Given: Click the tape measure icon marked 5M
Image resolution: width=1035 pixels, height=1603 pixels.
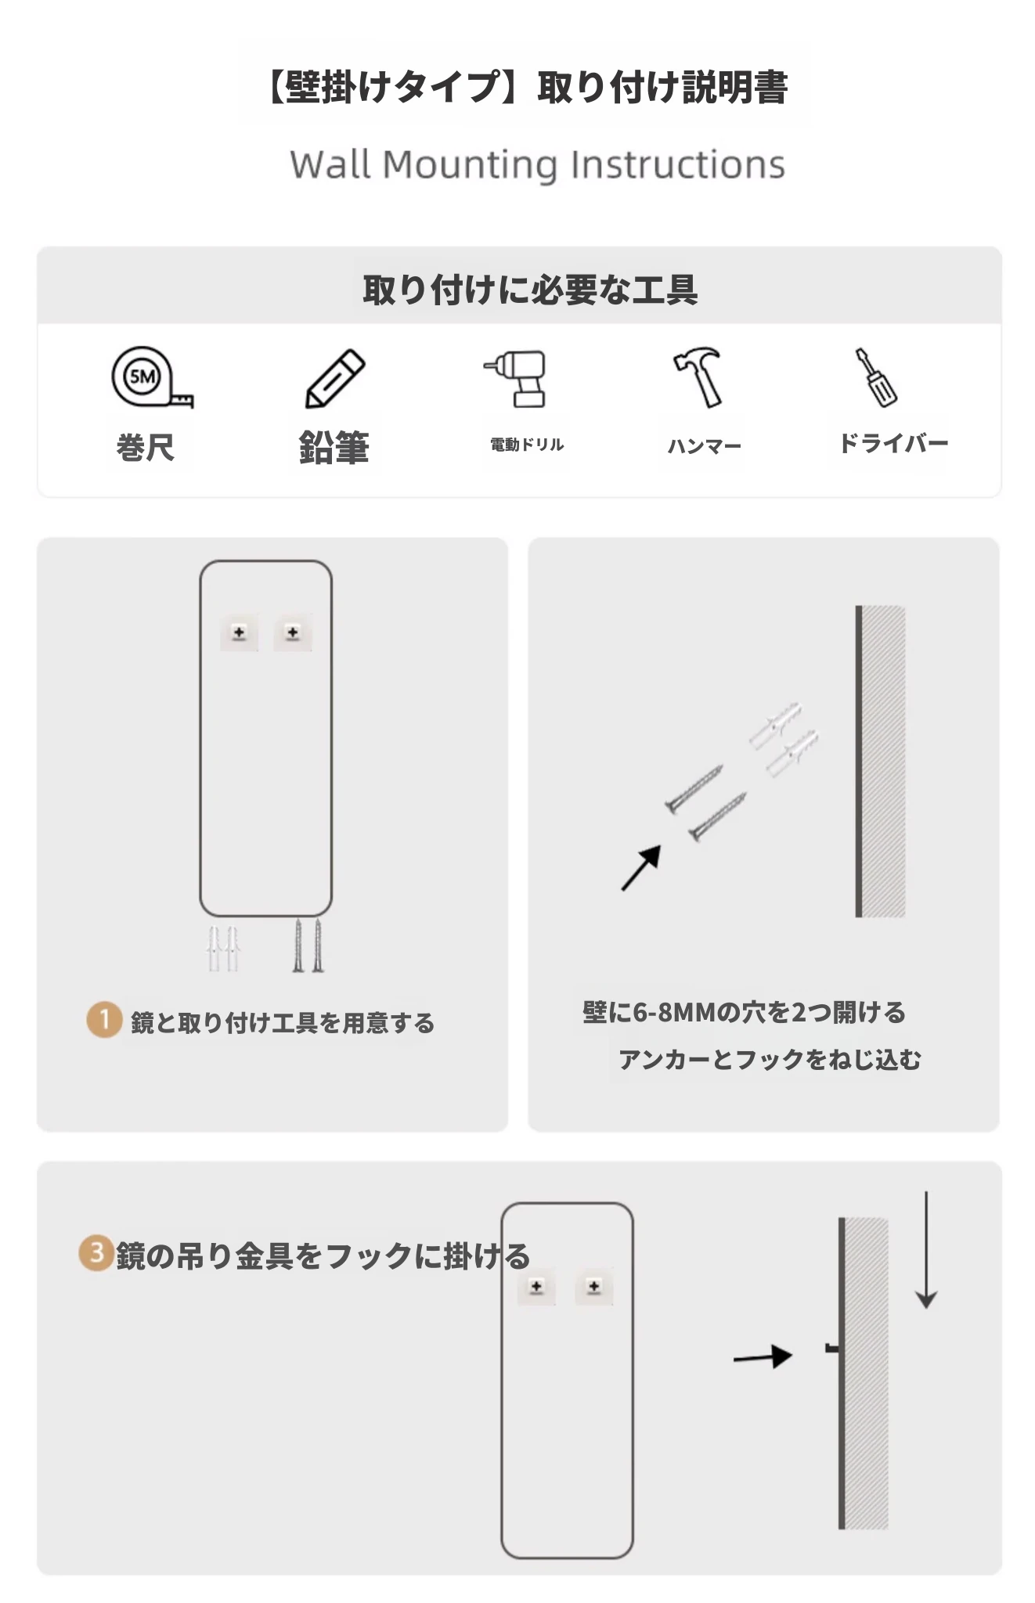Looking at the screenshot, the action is (151, 377).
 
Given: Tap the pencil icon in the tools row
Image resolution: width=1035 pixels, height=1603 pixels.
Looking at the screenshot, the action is (334, 378).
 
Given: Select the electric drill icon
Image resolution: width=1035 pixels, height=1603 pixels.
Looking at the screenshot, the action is (516, 378).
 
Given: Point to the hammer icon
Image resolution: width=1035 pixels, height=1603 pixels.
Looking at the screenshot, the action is (698, 377).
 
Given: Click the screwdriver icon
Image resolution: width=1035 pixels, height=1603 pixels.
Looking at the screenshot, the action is (876, 377).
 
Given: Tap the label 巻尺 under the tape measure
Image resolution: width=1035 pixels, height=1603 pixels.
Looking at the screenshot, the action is (146, 448).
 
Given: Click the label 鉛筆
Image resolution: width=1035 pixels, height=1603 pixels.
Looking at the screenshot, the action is (334, 447).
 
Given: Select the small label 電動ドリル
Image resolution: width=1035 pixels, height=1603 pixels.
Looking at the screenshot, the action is (527, 445).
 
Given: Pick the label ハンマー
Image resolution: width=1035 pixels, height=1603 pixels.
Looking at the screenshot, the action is (704, 446).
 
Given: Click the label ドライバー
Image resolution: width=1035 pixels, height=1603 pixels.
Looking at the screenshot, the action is (893, 443).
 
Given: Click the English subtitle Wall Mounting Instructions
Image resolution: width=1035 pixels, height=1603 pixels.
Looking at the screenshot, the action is (537, 165).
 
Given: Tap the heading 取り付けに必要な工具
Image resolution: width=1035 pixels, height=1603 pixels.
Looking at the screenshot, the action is (530, 290).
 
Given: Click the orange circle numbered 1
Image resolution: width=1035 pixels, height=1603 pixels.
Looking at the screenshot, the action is (104, 1020).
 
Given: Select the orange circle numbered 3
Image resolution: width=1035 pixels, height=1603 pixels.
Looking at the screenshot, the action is (96, 1253).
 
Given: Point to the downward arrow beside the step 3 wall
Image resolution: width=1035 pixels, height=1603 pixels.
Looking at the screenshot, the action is (926, 1250).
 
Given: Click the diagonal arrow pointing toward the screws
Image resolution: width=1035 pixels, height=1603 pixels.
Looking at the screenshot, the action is (641, 868).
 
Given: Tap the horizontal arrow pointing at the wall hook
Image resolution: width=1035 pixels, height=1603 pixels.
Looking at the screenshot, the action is (763, 1357).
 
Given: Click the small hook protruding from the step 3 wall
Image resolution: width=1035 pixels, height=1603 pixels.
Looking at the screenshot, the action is (833, 1349).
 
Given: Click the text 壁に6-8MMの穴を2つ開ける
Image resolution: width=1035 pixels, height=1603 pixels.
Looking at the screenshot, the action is (744, 1012).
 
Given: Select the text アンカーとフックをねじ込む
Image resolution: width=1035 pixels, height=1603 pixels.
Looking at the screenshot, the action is (770, 1060).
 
